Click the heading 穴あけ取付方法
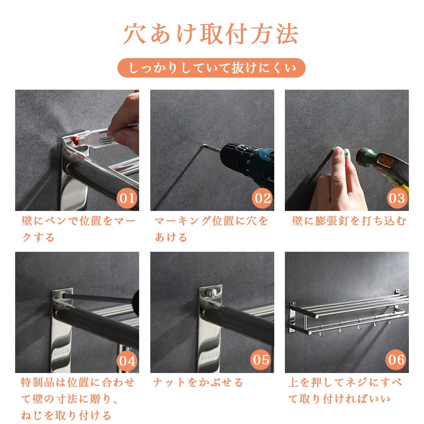coord(211,34)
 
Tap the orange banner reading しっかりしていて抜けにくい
coord(212,68)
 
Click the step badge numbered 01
coord(127,198)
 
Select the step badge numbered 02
coord(262,198)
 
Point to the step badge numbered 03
coord(397,198)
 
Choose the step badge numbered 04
coord(127,360)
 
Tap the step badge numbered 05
coord(261,360)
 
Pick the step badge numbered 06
coord(396,360)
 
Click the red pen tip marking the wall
coord(75,140)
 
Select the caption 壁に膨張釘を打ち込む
coord(349,221)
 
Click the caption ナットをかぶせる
coord(198,382)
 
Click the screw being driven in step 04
coord(62,296)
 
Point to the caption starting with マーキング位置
coord(211,229)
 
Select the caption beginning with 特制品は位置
coord(78,399)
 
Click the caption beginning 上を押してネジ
coord(345,391)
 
